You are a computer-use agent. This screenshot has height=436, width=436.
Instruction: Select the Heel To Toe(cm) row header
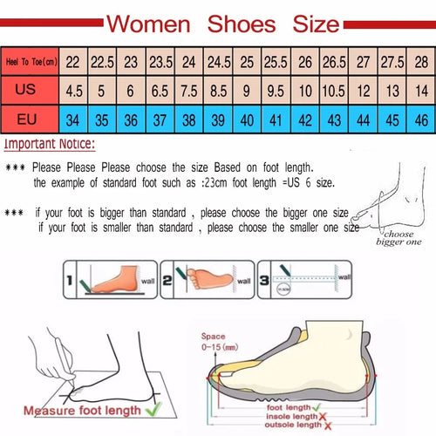pos(30,62)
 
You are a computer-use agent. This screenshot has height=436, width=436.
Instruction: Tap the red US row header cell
pos(30,90)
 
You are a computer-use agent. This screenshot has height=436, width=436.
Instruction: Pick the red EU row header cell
pos(30,117)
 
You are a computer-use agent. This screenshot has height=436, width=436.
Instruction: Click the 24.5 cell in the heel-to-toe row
pos(219,62)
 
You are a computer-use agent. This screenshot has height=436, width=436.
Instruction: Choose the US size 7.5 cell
pos(189,90)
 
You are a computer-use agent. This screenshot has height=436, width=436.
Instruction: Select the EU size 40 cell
pos(248,117)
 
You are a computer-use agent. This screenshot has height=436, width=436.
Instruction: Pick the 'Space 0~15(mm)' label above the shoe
pos(221,342)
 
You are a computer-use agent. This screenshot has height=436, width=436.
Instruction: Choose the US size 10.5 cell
pos(333,90)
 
